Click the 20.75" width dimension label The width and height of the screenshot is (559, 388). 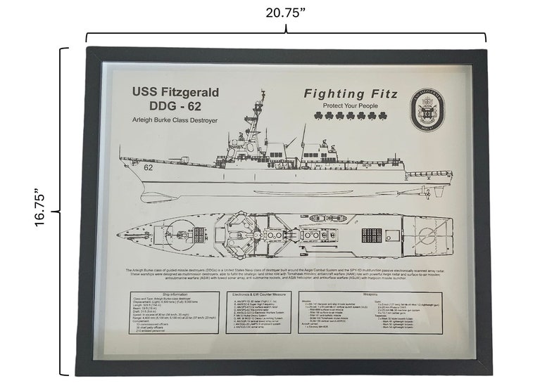pos(285,13)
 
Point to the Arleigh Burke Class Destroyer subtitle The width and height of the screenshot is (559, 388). pos(174,122)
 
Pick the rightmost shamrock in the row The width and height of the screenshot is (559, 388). pos(384,116)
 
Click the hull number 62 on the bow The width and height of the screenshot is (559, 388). pos(149,168)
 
